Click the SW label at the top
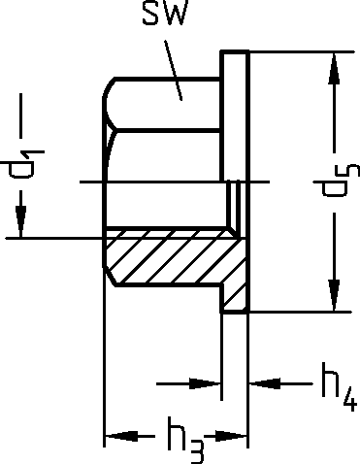(165, 13)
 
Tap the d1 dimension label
(22, 164)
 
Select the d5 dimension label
(337, 181)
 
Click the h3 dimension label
(186, 440)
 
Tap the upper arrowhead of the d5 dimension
(335, 69)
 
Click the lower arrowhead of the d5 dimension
(335, 295)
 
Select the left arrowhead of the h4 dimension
(205, 383)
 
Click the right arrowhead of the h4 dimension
(265, 383)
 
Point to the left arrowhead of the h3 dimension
(121, 436)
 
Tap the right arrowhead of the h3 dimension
(230, 436)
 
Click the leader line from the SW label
(173, 70)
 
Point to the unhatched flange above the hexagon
(235, 116)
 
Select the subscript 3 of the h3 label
(195, 451)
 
